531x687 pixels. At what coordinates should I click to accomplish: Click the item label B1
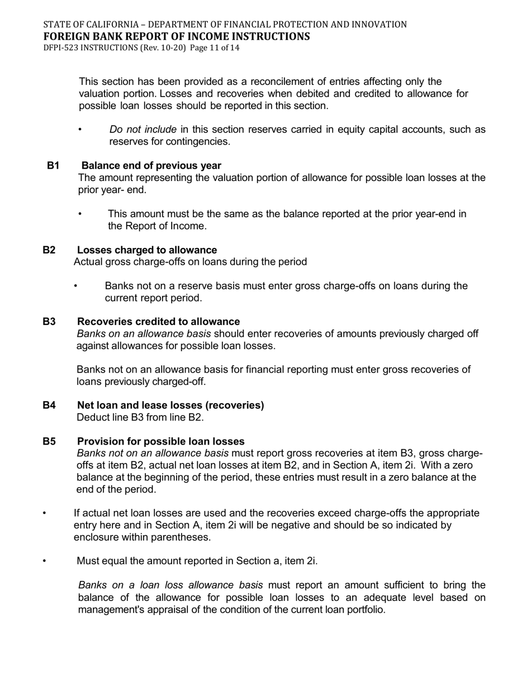pyautogui.click(x=53, y=166)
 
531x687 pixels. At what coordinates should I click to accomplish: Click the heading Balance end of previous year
pyautogui.click(x=151, y=166)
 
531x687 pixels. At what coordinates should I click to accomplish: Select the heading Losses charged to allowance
pyautogui.click(x=147, y=250)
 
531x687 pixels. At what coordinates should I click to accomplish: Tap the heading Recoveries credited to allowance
pyautogui.click(x=158, y=322)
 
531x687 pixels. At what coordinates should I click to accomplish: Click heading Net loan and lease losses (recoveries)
pyautogui.click(x=170, y=405)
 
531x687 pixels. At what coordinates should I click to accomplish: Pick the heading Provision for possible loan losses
pyautogui.click(x=160, y=441)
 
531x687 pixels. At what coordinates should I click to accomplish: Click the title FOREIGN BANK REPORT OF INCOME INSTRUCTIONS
pyautogui.click(x=177, y=37)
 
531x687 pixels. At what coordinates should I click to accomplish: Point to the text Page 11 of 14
pyautogui.click(x=215, y=48)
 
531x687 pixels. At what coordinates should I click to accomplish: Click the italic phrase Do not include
pyautogui.click(x=143, y=130)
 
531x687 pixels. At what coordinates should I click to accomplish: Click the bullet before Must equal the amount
pyautogui.click(x=45, y=561)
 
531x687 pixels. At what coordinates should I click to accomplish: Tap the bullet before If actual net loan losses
pyautogui.click(x=45, y=513)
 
